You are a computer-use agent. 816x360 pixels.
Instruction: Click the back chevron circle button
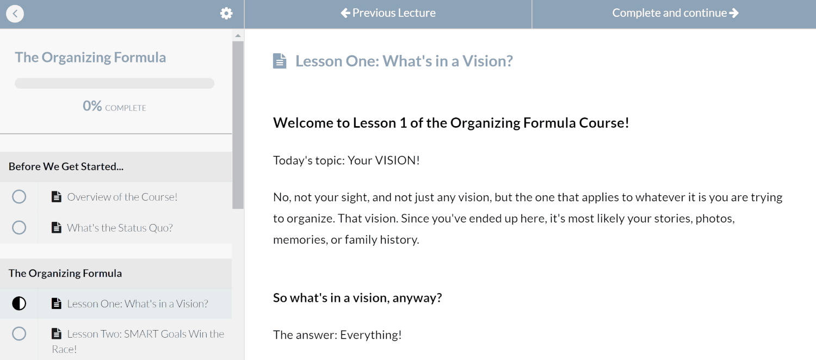15,14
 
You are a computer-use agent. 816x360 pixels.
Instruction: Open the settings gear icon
226,14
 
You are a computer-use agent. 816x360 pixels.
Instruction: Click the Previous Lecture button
388,13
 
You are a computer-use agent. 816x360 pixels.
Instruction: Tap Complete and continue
676,13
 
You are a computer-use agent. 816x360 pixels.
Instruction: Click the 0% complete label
114,106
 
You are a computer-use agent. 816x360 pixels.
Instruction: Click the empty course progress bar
114,83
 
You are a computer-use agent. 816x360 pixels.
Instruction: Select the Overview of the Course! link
122,197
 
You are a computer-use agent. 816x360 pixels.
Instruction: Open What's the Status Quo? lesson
120,228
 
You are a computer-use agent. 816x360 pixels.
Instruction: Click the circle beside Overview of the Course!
19,197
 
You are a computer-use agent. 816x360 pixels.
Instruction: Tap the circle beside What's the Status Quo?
19,228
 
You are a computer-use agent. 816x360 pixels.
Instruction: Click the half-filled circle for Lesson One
19,303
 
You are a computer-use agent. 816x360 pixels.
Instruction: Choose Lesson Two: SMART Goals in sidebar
138,342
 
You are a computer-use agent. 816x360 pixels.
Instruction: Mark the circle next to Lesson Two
19,334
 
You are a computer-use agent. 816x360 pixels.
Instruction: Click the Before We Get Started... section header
66,166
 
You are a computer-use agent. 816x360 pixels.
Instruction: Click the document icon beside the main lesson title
280,61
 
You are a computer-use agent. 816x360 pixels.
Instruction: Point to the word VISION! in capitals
398,160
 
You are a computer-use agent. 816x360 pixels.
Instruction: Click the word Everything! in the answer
371,335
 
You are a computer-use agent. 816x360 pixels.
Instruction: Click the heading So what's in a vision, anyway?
357,298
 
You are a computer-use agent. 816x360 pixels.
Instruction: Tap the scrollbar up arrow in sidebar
238,36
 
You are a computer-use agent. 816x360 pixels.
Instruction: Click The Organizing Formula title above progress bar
90,58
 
